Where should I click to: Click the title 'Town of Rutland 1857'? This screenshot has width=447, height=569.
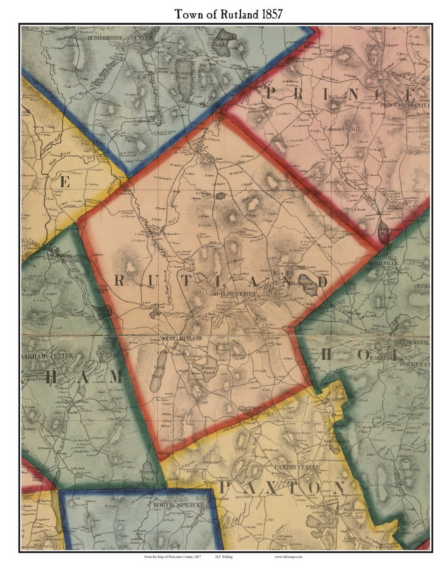(x=228, y=14)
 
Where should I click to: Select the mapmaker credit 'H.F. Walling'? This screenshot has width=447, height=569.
(x=223, y=557)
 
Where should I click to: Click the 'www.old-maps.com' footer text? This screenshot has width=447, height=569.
(x=288, y=557)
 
